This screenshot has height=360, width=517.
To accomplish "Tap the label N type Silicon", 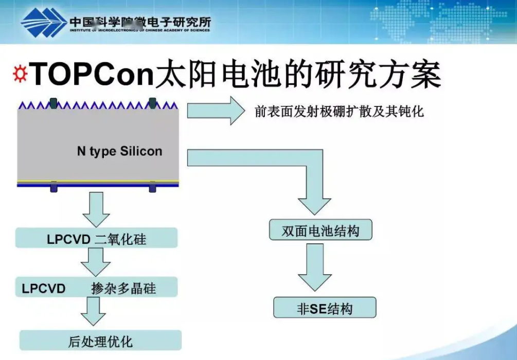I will point(119,151).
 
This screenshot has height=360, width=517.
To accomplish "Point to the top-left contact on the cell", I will point(53,103).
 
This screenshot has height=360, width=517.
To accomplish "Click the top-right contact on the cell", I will point(152,103).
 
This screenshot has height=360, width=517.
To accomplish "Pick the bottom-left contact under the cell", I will point(54,187).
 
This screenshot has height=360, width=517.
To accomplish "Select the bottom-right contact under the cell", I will point(152,187).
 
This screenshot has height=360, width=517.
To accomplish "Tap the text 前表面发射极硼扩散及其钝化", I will point(339,112).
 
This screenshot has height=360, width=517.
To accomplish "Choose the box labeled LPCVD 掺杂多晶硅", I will point(96,287).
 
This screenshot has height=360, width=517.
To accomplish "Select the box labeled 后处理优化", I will point(100,340).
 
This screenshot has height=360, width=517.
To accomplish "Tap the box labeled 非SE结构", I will point(325,308).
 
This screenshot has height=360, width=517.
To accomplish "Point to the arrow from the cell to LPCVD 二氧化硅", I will point(96,209).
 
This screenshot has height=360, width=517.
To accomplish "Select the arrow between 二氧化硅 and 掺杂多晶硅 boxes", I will point(96,261).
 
